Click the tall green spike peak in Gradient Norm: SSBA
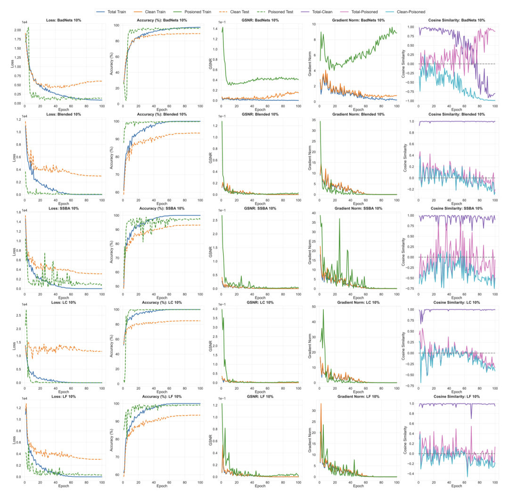[339, 219]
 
